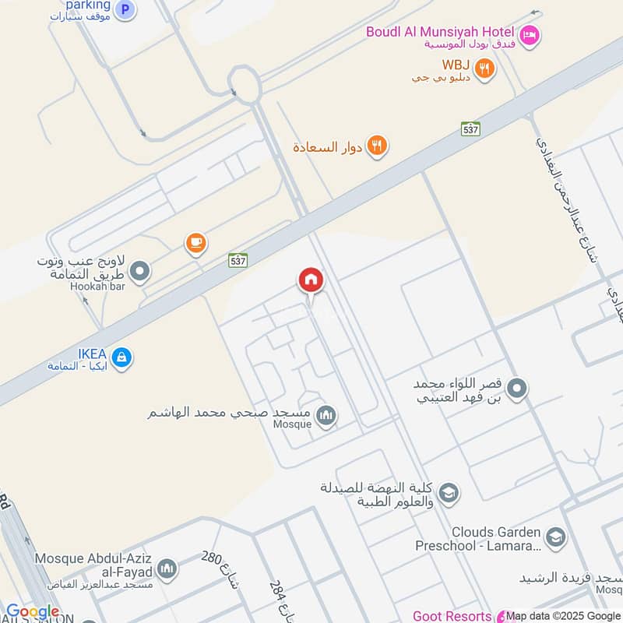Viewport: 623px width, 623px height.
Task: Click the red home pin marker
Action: [x=311, y=280]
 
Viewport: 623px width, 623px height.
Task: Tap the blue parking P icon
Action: [x=124, y=10]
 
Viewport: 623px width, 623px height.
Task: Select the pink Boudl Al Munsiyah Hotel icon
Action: [x=530, y=34]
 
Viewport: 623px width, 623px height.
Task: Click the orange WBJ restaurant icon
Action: [x=485, y=68]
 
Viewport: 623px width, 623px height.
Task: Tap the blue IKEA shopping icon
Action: [x=121, y=358]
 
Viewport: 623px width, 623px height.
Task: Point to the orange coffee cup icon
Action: [x=195, y=244]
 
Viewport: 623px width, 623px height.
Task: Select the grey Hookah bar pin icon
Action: [x=140, y=272]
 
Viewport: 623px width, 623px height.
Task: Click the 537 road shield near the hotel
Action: [x=470, y=128]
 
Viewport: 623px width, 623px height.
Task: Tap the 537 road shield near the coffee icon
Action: [x=238, y=260]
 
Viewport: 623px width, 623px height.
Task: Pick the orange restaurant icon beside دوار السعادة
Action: [x=377, y=146]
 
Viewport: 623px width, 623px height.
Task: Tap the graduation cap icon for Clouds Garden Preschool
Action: [x=555, y=538]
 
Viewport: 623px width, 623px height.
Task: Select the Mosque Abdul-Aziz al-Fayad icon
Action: [x=167, y=570]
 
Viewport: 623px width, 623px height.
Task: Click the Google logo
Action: [x=33, y=612]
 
